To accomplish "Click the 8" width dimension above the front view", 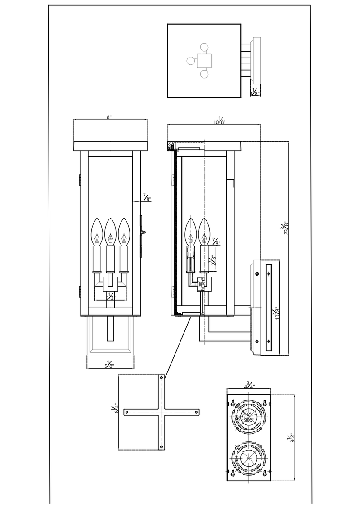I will (109, 117).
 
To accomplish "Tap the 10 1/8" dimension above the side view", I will (220, 121).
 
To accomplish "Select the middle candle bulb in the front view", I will (111, 232).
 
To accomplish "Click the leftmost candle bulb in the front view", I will (97, 232).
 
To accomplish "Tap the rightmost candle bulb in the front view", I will (124, 232).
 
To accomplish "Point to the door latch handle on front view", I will (144, 232).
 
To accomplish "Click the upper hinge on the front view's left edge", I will (79, 179).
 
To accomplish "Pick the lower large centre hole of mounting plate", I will (248, 459).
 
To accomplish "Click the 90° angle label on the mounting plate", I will (247, 419).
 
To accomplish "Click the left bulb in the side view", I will (191, 232).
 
